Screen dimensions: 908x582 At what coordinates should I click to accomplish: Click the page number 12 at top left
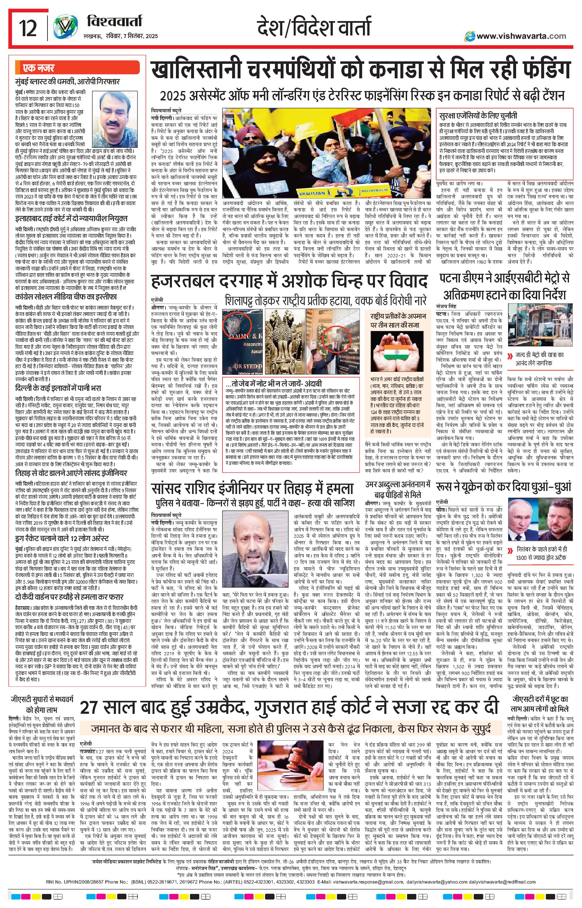coord(28,29)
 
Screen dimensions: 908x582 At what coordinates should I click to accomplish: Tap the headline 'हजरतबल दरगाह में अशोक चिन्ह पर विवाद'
coord(289,281)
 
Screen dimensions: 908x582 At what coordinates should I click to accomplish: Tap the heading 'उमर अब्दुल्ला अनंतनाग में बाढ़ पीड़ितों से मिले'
coord(398,489)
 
